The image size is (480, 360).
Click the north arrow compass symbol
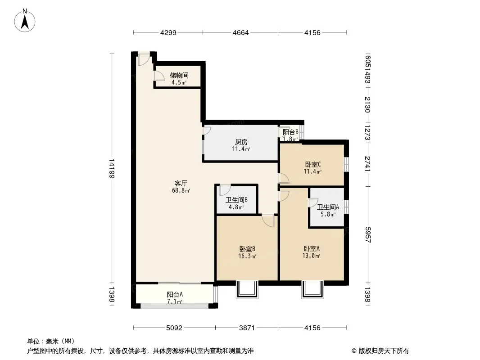click(x=25, y=21)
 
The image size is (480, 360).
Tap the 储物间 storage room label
click(x=179, y=75)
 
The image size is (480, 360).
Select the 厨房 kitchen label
click(x=241, y=142)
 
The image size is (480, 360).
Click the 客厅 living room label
click(x=181, y=183)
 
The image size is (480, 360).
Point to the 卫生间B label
click(x=237, y=200)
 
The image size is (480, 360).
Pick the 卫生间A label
click(x=328, y=207)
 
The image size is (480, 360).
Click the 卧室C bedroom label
click(x=313, y=164)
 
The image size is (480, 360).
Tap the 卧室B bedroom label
click(x=247, y=249)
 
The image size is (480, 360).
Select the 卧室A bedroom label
click(x=312, y=248)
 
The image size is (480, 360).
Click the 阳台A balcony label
click(x=175, y=294)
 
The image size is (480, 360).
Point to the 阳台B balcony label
click(x=290, y=132)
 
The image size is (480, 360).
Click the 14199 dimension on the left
click(x=112, y=169)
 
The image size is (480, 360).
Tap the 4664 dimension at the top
click(x=241, y=32)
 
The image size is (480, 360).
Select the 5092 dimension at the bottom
click(x=174, y=328)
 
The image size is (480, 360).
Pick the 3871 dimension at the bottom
click(x=247, y=328)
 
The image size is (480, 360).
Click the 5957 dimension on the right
click(x=368, y=234)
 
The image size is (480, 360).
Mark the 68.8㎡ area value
click(x=181, y=190)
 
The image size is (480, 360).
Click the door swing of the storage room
click(x=159, y=76)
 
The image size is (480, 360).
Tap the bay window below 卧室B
click(x=247, y=290)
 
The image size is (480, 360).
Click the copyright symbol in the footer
click(x=354, y=351)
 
